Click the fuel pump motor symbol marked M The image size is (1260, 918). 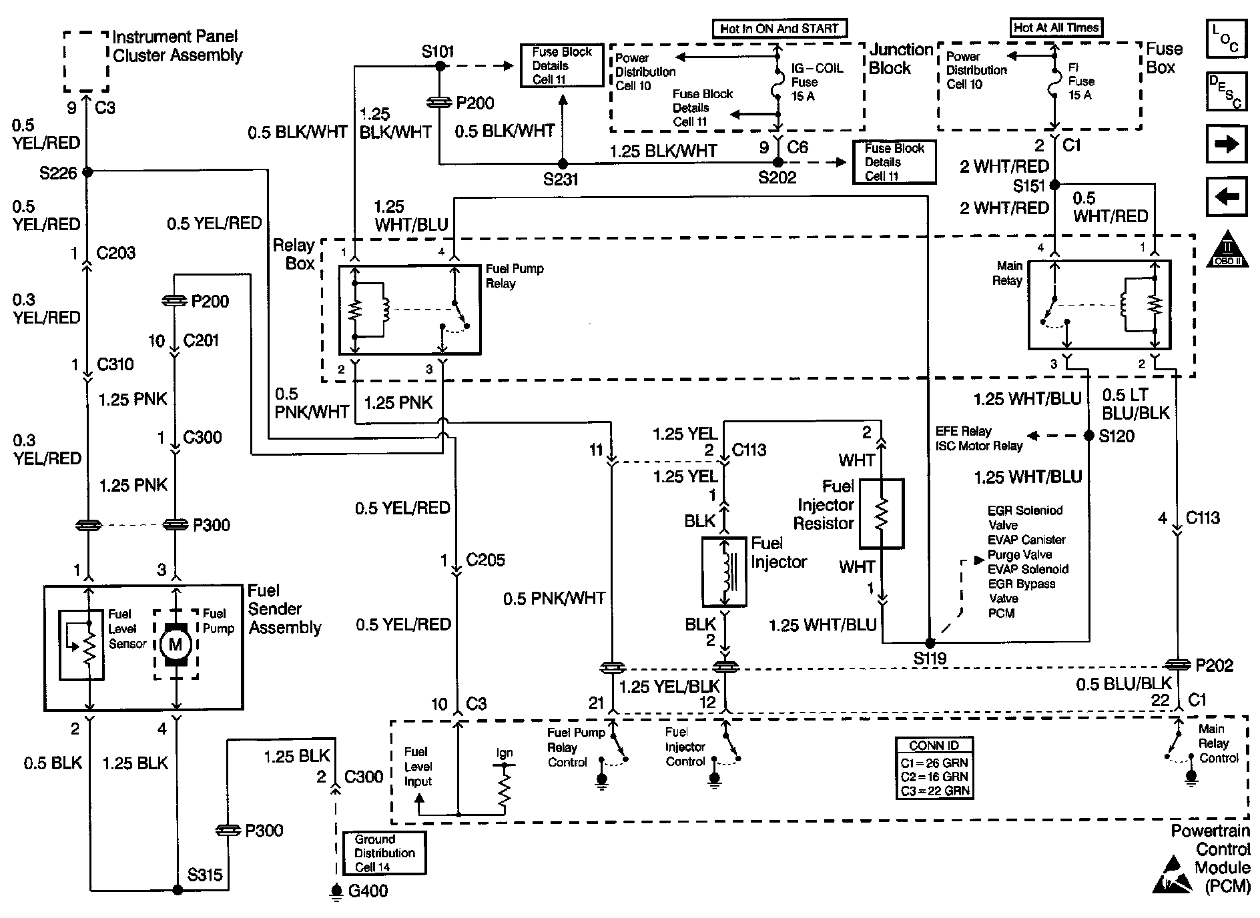(x=176, y=644)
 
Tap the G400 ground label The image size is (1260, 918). (x=368, y=891)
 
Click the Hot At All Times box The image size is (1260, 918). (x=1055, y=27)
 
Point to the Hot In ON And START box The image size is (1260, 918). (x=779, y=29)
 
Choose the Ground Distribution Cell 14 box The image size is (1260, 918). (x=384, y=853)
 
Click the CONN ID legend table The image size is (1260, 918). (x=934, y=768)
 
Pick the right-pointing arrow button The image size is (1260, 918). (x=1227, y=144)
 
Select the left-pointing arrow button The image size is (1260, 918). (x=1227, y=197)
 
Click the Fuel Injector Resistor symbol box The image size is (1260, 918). (x=881, y=513)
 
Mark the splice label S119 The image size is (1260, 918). (x=930, y=658)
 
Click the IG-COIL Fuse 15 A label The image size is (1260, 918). (x=817, y=82)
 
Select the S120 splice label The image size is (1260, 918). (x=1117, y=436)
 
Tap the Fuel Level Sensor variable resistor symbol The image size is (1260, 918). (x=81, y=645)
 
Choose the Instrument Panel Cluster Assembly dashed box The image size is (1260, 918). (x=86, y=61)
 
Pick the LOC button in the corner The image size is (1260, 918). (x=1227, y=38)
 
